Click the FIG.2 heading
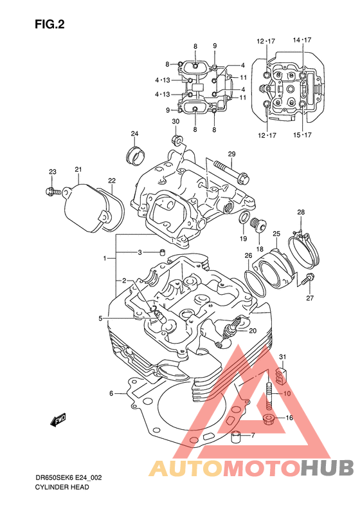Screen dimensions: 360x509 click(50, 24)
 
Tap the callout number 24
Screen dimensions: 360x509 click(134, 134)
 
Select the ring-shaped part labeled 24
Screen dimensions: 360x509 click(135, 156)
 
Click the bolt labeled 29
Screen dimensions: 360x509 click(231, 171)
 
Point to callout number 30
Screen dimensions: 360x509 click(175, 122)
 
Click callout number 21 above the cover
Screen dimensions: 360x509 click(78, 169)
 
